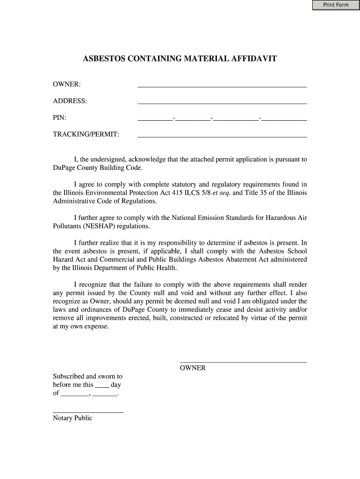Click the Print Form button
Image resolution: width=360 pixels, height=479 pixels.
click(336, 5)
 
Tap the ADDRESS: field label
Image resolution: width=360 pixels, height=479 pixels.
click(70, 101)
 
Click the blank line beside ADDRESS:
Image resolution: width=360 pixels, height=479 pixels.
click(222, 102)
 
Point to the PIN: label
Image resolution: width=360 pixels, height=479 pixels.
click(59, 118)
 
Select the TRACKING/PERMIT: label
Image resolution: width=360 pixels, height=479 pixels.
click(86, 135)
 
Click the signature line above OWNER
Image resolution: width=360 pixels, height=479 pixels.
click(243, 361)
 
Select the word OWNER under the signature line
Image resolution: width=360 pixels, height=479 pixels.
click(193, 368)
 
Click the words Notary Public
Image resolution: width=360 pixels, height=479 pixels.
click(72, 418)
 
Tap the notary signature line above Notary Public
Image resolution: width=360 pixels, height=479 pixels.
click(88, 412)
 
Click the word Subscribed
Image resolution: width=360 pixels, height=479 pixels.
click(68, 376)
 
